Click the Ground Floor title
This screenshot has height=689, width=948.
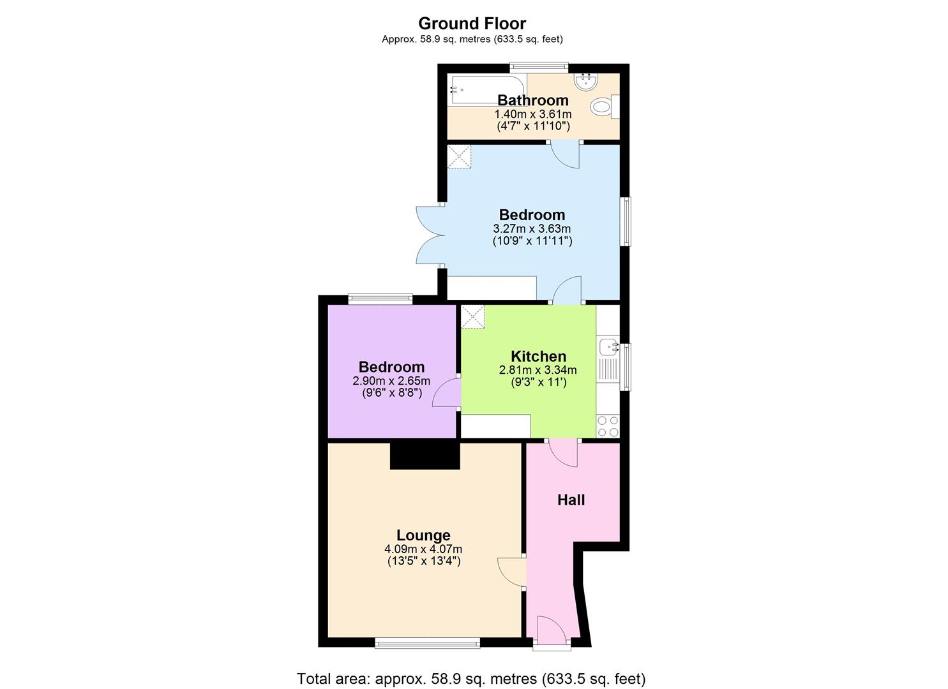point(472,24)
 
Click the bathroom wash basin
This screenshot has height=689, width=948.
point(585,82)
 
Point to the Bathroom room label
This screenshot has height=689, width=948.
point(532,100)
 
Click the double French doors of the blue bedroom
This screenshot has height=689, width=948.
point(429,235)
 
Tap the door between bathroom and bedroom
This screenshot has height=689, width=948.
point(566,154)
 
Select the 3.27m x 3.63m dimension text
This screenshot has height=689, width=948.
point(532,228)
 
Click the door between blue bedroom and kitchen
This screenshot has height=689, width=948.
point(567,290)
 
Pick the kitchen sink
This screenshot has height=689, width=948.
point(607,347)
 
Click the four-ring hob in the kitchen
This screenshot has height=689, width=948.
point(607,426)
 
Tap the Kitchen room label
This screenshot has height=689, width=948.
point(538,356)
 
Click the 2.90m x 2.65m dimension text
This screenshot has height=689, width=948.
point(391,381)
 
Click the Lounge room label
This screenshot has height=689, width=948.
point(423,535)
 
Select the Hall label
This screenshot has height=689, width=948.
point(571,500)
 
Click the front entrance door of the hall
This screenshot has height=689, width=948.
point(552,631)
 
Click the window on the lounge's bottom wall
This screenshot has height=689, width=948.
point(427,643)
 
